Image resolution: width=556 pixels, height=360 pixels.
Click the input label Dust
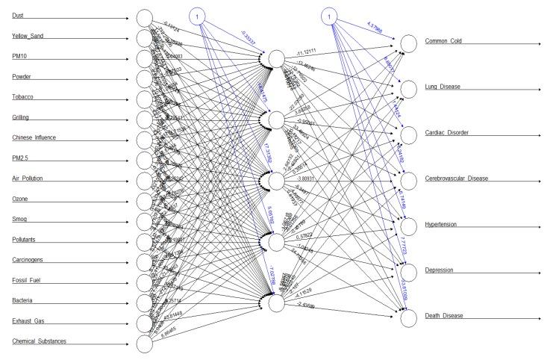[18, 16]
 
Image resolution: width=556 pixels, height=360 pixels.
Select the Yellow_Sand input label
[33, 36]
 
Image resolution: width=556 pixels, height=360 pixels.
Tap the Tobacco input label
[28, 97]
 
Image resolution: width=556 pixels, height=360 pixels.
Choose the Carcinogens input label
[32, 259]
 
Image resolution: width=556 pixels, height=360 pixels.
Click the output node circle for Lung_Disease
[407, 89]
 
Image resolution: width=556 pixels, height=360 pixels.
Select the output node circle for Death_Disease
[407, 317]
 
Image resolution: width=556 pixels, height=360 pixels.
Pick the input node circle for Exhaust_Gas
[145, 323]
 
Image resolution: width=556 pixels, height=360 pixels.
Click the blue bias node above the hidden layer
[196, 16]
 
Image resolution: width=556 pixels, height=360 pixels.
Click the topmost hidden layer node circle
[276, 59]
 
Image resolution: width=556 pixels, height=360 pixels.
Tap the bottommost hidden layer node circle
[276, 303]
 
